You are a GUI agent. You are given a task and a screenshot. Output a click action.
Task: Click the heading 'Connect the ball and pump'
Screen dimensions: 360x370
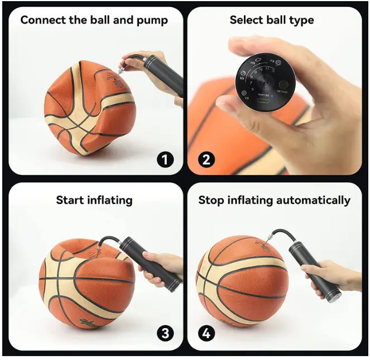(x=94, y=20)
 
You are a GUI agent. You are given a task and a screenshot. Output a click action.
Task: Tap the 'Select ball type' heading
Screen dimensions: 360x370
(x=272, y=20)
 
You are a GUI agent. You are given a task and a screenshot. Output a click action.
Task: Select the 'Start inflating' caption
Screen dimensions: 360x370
(x=94, y=200)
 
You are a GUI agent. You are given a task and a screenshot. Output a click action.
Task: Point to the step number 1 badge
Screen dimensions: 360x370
(x=164, y=160)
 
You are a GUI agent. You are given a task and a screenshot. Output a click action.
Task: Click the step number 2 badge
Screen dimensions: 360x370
(x=206, y=160)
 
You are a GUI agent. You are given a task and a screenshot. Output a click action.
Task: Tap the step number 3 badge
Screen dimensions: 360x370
(x=164, y=334)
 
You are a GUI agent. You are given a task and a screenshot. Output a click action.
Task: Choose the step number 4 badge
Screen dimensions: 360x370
(x=206, y=334)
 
